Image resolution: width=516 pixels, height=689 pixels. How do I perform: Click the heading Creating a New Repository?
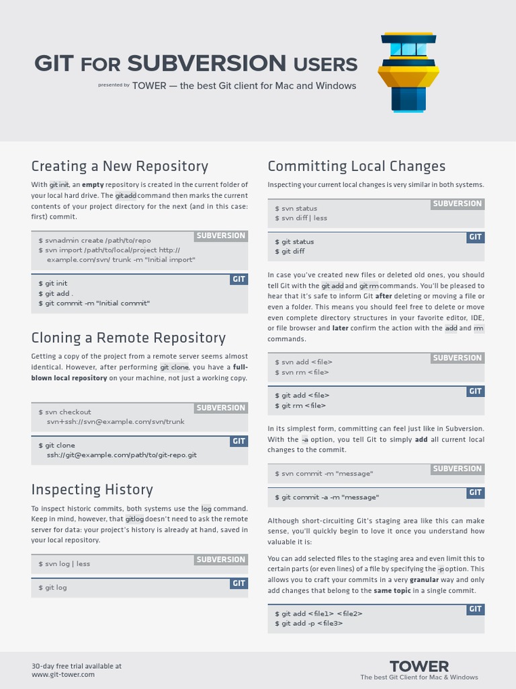click(x=120, y=166)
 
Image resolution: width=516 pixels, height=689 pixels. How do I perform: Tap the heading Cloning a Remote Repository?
click(x=128, y=337)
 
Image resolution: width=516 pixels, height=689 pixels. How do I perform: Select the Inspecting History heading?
click(x=92, y=489)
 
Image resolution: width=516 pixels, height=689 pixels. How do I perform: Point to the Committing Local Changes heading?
click(x=356, y=166)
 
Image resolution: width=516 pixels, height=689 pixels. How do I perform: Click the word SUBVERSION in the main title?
click(x=206, y=64)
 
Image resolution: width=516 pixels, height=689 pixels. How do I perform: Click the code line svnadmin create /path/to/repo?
click(x=95, y=240)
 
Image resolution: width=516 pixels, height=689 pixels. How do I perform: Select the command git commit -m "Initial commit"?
click(x=94, y=303)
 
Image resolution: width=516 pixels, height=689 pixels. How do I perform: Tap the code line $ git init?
click(x=53, y=283)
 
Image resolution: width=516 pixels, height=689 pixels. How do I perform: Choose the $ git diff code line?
click(x=290, y=252)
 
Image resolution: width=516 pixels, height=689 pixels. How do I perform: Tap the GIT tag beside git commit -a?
click(x=476, y=493)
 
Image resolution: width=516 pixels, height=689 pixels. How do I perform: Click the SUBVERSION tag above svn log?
click(x=221, y=560)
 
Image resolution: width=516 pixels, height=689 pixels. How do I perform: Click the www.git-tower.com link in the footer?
click(x=63, y=674)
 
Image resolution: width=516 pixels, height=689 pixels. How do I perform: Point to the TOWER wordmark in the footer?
click(x=419, y=666)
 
